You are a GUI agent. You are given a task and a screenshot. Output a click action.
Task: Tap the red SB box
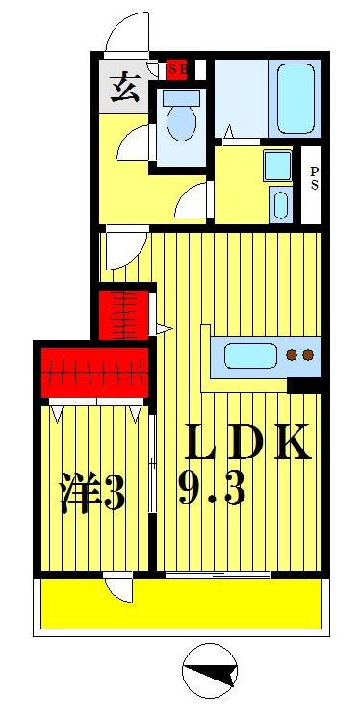pyautogui.click(x=176, y=69)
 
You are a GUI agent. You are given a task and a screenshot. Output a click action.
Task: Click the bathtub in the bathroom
pyautogui.click(x=296, y=98)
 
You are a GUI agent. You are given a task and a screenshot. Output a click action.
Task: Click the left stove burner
pyautogui.click(x=293, y=356)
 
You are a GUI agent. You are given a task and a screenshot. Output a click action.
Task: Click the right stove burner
pyautogui.click(x=308, y=356)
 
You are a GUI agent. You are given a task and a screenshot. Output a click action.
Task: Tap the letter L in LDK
pyautogui.click(x=204, y=442)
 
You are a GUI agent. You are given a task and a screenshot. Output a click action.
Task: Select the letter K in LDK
pyautogui.click(x=292, y=442)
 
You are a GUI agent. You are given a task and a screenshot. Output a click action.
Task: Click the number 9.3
pyautogui.click(x=212, y=491)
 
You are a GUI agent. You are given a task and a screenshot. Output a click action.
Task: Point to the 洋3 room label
pyautogui.click(x=92, y=493)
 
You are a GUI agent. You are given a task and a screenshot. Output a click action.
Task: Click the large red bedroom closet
pyautogui.click(x=95, y=370)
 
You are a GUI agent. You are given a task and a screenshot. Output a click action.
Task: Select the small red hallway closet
pyautogui.click(x=125, y=311)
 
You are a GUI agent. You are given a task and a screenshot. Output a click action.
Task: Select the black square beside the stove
pyautogui.click(x=306, y=385)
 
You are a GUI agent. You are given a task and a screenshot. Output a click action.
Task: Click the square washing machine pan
pyautogui.click(x=278, y=166)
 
